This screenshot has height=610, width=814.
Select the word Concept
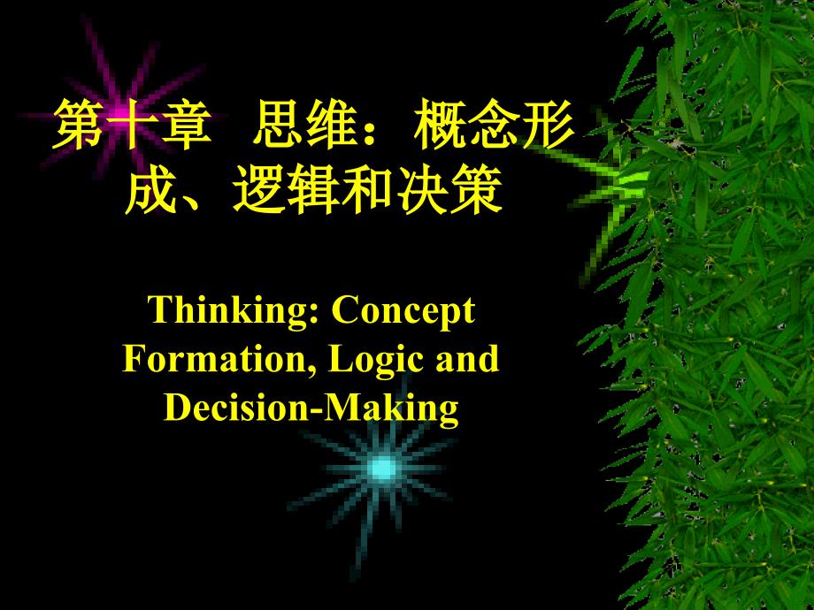click(x=403, y=311)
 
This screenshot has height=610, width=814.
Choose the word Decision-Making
click(x=311, y=408)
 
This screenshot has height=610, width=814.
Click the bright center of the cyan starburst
click(x=382, y=469)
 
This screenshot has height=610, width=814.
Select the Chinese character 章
click(x=186, y=125)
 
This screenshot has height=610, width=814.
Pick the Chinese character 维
click(x=333, y=125)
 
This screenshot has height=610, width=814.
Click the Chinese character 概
click(x=441, y=125)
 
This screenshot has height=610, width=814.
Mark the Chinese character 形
click(x=547, y=125)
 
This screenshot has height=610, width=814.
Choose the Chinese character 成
click(x=151, y=190)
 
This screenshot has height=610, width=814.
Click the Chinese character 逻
click(x=259, y=190)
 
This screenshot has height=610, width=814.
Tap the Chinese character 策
click(x=475, y=190)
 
